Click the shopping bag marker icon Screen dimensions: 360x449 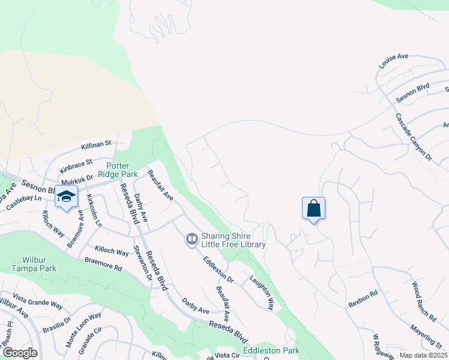pyautogui.click(x=314, y=209)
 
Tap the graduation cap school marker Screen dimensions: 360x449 pyautogui.click(x=66, y=197)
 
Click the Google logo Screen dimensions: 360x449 pyautogui.click(x=19, y=353)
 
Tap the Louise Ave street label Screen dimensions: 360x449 pyautogui.click(x=393, y=59)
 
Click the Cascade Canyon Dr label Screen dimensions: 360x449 pyautogui.click(x=414, y=136)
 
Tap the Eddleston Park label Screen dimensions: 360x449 pyautogui.click(x=271, y=350)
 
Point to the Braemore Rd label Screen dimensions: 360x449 pyautogui.click(x=103, y=264)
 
